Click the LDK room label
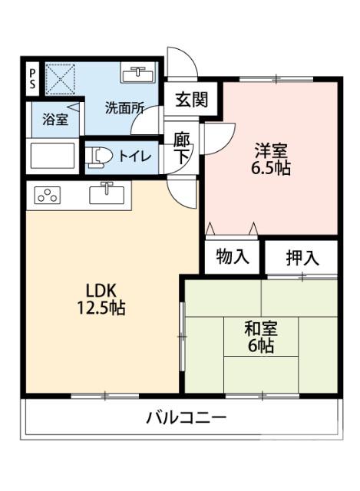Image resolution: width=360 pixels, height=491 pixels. [100, 291]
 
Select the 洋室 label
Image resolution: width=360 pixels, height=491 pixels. [271, 151]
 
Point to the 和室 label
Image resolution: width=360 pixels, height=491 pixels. [260, 329]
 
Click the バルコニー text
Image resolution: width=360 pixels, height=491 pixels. [187, 418]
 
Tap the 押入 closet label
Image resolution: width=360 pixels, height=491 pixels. [301, 258]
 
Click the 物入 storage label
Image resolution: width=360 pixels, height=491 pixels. [233, 257]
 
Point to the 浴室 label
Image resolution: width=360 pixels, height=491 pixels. [54, 120]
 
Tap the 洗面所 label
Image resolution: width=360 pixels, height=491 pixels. [124, 108]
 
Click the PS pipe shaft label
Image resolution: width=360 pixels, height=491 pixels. [32, 79]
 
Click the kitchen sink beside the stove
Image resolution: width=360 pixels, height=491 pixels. [107, 194]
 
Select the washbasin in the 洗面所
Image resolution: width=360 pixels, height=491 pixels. [139, 74]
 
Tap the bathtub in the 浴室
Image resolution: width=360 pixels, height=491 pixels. [53, 157]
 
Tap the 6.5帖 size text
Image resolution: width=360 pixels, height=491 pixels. [271, 169]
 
